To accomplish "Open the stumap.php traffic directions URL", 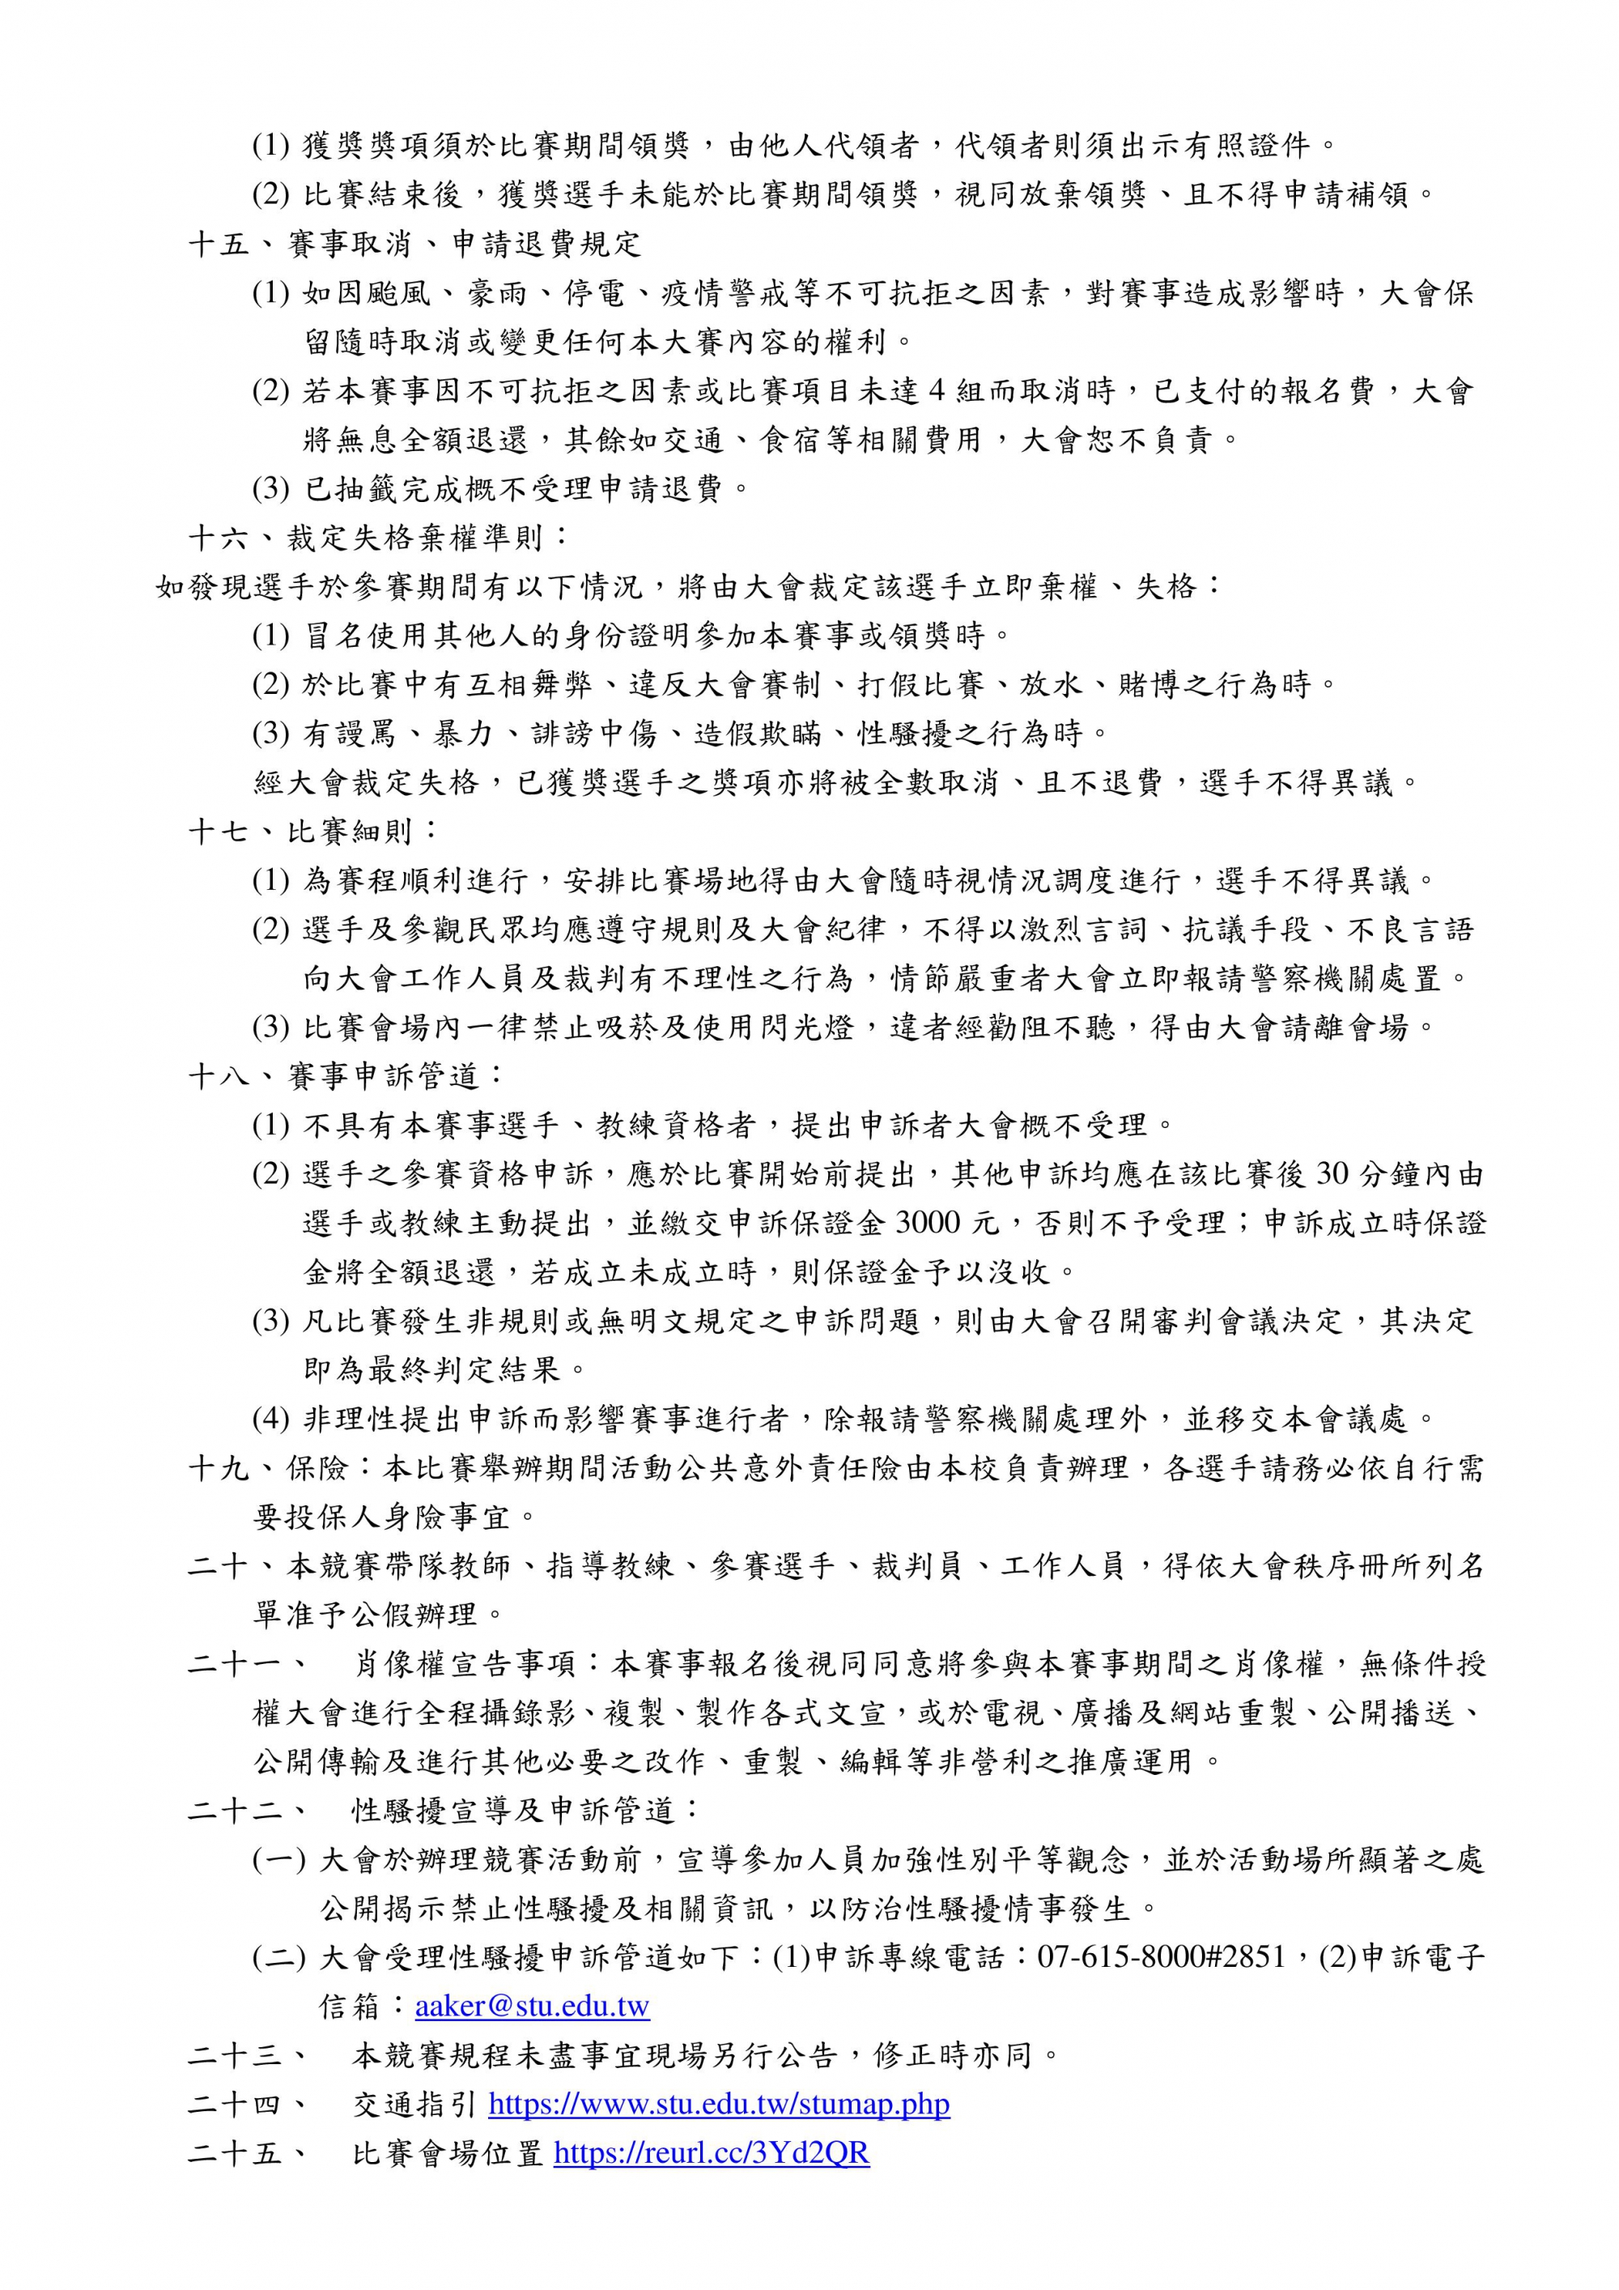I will pos(718,2104).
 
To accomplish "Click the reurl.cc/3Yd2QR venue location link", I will pos(711,2152).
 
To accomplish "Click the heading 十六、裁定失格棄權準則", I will pos(379,538).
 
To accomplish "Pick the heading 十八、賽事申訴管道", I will pos(347,1076).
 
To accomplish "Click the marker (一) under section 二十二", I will pos(279,1859).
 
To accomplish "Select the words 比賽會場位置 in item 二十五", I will pos(448,2152).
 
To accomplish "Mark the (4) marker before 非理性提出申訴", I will pos(270,1418).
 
